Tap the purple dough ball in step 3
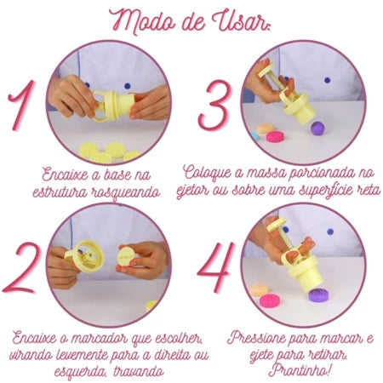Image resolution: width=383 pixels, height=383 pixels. (x=318, y=129)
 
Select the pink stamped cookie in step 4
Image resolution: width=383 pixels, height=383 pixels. (x=270, y=301)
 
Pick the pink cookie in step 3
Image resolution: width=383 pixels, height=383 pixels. (x=276, y=137)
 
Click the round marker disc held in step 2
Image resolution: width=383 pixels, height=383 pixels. (x=128, y=258)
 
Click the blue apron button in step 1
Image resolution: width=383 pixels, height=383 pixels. (x=128, y=85)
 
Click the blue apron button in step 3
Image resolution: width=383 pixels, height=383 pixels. (x=328, y=80)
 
